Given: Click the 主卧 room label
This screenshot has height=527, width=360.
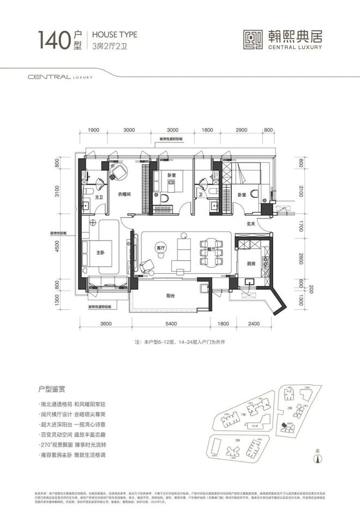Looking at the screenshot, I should click(x=100, y=252).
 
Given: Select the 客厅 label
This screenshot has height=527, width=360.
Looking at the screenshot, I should click(x=160, y=245).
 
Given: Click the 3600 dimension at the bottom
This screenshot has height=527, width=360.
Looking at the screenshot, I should click(x=106, y=324).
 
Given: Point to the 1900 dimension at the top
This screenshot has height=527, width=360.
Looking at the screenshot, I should click(x=93, y=130).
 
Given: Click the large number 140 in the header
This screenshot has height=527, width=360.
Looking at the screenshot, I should click(x=53, y=40).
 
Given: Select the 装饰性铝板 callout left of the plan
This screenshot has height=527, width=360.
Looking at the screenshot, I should click(x=57, y=233).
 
